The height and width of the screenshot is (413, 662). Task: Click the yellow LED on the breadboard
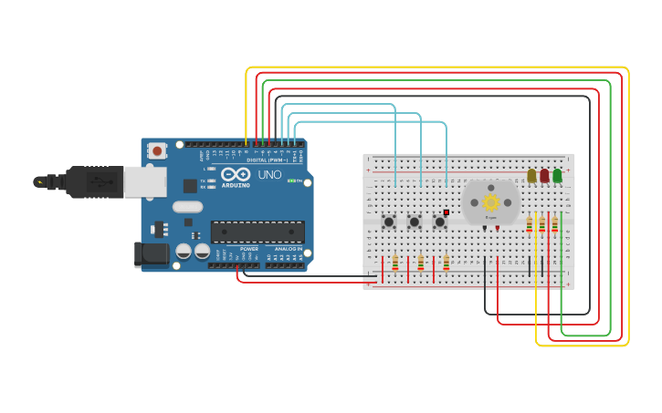pos(531,175)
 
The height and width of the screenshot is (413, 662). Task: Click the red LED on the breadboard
pos(544,175)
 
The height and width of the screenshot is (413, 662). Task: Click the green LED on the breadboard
pos(557,175)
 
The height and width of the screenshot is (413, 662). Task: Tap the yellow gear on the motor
pos(490,202)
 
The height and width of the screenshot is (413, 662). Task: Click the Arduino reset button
pos(157,151)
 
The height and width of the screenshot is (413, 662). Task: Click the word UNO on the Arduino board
pos(269,175)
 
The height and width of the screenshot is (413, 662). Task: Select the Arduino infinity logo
pos(235,174)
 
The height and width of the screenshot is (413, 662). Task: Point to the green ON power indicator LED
pos(292,181)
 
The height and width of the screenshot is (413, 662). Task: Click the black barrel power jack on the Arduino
pos(151,254)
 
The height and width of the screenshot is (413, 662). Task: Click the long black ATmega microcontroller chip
pos(257,232)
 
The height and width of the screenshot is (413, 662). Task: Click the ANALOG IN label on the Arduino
pos(285,249)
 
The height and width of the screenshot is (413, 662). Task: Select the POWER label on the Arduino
pos(248,249)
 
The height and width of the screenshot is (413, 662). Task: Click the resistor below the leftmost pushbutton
pos(395,263)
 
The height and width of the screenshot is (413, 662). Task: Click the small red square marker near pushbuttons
pos(447,212)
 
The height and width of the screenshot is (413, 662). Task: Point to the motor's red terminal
pos(497,227)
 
